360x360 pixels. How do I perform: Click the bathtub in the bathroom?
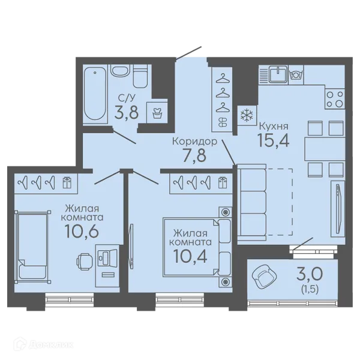95,94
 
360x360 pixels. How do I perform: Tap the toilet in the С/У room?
140,76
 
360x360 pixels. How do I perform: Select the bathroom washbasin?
120,70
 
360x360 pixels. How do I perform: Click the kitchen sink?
278,74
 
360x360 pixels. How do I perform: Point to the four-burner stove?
335,99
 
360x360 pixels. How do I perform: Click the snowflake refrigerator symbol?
247,115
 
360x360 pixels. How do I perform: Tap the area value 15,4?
274,140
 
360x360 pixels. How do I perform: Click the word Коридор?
194,142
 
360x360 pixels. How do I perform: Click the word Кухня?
274,126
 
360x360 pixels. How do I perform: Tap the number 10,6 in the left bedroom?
82,231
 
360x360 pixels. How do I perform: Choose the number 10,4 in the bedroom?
190,256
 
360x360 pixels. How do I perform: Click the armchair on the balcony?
264,277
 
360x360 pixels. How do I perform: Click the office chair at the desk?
84,262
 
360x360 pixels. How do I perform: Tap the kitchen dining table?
325,149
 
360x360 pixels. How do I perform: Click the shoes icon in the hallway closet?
222,122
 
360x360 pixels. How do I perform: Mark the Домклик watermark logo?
43,344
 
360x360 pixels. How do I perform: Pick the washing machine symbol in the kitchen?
296,75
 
